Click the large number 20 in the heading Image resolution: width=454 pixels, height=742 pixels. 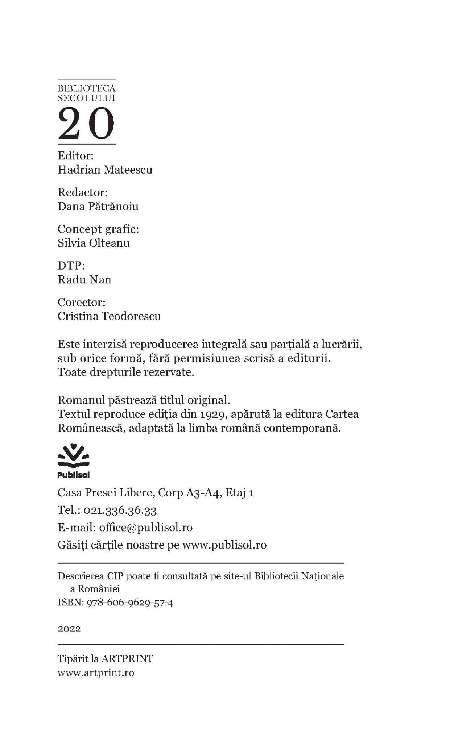(x=86, y=124)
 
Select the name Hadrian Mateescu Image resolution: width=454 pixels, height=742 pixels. (x=105, y=170)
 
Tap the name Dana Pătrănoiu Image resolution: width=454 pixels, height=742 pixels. (x=98, y=207)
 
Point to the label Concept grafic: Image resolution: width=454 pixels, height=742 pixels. (x=98, y=229)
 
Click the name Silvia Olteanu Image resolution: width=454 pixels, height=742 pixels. (x=94, y=243)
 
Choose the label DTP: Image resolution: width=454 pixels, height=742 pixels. (x=71, y=266)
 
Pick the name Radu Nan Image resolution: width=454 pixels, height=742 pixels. (x=84, y=280)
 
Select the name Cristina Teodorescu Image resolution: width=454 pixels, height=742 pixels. (x=109, y=316)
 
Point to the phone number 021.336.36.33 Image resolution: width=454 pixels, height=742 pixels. (x=120, y=510)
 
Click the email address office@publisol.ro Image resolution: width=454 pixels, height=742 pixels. (x=146, y=528)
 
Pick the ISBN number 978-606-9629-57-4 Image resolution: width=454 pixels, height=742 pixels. (x=129, y=603)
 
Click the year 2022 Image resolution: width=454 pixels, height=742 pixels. (x=69, y=629)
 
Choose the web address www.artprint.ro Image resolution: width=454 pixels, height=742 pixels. (x=96, y=673)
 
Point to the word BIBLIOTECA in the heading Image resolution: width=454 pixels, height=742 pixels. (x=86, y=88)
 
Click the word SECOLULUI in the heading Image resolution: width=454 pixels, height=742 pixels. (x=86, y=98)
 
